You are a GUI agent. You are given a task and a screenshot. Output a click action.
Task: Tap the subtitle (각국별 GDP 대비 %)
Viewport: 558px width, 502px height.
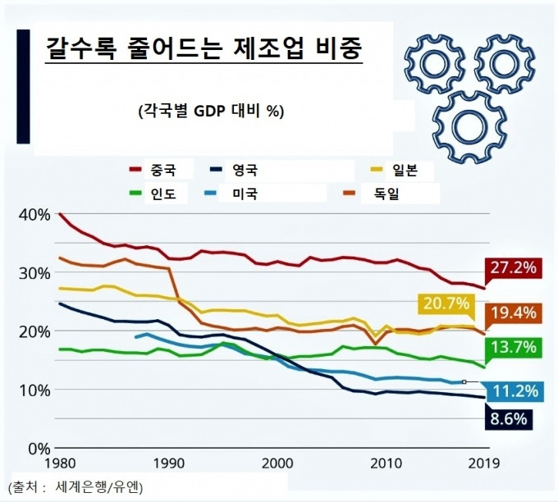click(x=211, y=112)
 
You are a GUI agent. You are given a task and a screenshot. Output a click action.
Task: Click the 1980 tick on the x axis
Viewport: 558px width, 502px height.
click(x=61, y=464)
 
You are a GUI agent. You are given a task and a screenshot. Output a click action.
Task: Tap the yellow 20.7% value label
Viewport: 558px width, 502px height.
click(x=446, y=305)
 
